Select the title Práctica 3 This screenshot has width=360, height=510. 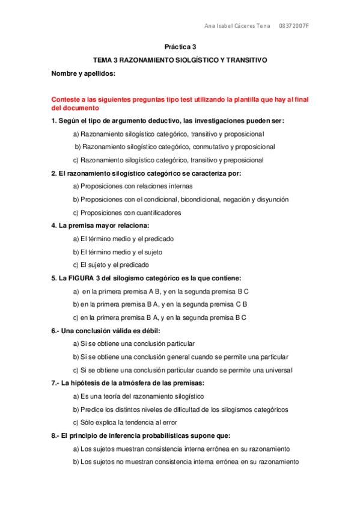180,47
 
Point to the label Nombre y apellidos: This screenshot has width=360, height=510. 83,74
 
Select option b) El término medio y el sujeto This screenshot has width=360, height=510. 118,252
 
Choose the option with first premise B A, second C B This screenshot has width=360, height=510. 160,304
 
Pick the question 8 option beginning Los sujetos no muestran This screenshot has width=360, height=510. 186,462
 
